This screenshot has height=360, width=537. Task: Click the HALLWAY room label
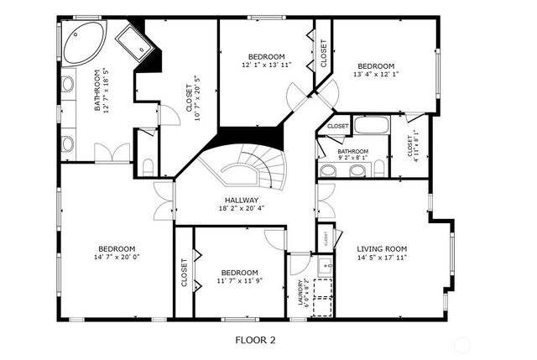click(x=241, y=200)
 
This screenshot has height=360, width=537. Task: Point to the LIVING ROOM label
click(x=382, y=248)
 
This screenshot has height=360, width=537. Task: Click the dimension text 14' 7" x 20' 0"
click(x=117, y=258)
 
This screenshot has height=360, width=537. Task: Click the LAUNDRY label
click(x=300, y=293)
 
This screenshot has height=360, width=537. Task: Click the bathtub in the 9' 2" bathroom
click(x=370, y=126)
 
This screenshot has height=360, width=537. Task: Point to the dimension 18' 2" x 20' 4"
click(x=241, y=208)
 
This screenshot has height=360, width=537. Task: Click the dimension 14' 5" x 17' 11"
click(x=382, y=258)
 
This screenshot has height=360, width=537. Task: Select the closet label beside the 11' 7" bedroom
click(x=184, y=273)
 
